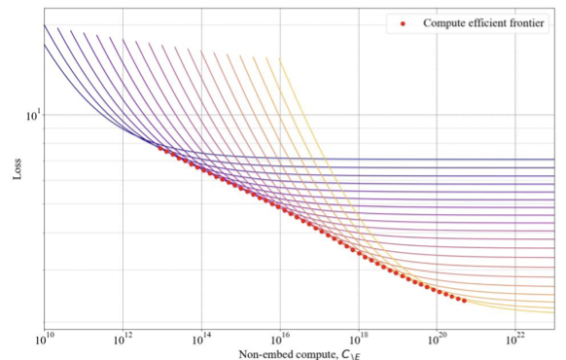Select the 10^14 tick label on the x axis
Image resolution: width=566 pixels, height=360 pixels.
pos(200,340)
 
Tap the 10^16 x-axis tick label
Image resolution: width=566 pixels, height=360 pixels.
pos(279,340)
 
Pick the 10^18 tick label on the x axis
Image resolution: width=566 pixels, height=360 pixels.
pos(358,340)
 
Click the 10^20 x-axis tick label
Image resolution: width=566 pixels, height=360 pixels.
pos(437,340)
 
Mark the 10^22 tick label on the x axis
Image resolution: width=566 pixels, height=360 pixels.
pos(515,340)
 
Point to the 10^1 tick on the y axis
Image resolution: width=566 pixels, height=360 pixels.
pos(31,115)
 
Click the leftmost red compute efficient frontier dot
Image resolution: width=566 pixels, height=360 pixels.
pos(160,148)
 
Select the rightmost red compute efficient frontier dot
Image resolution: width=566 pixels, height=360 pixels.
pos(463,301)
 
